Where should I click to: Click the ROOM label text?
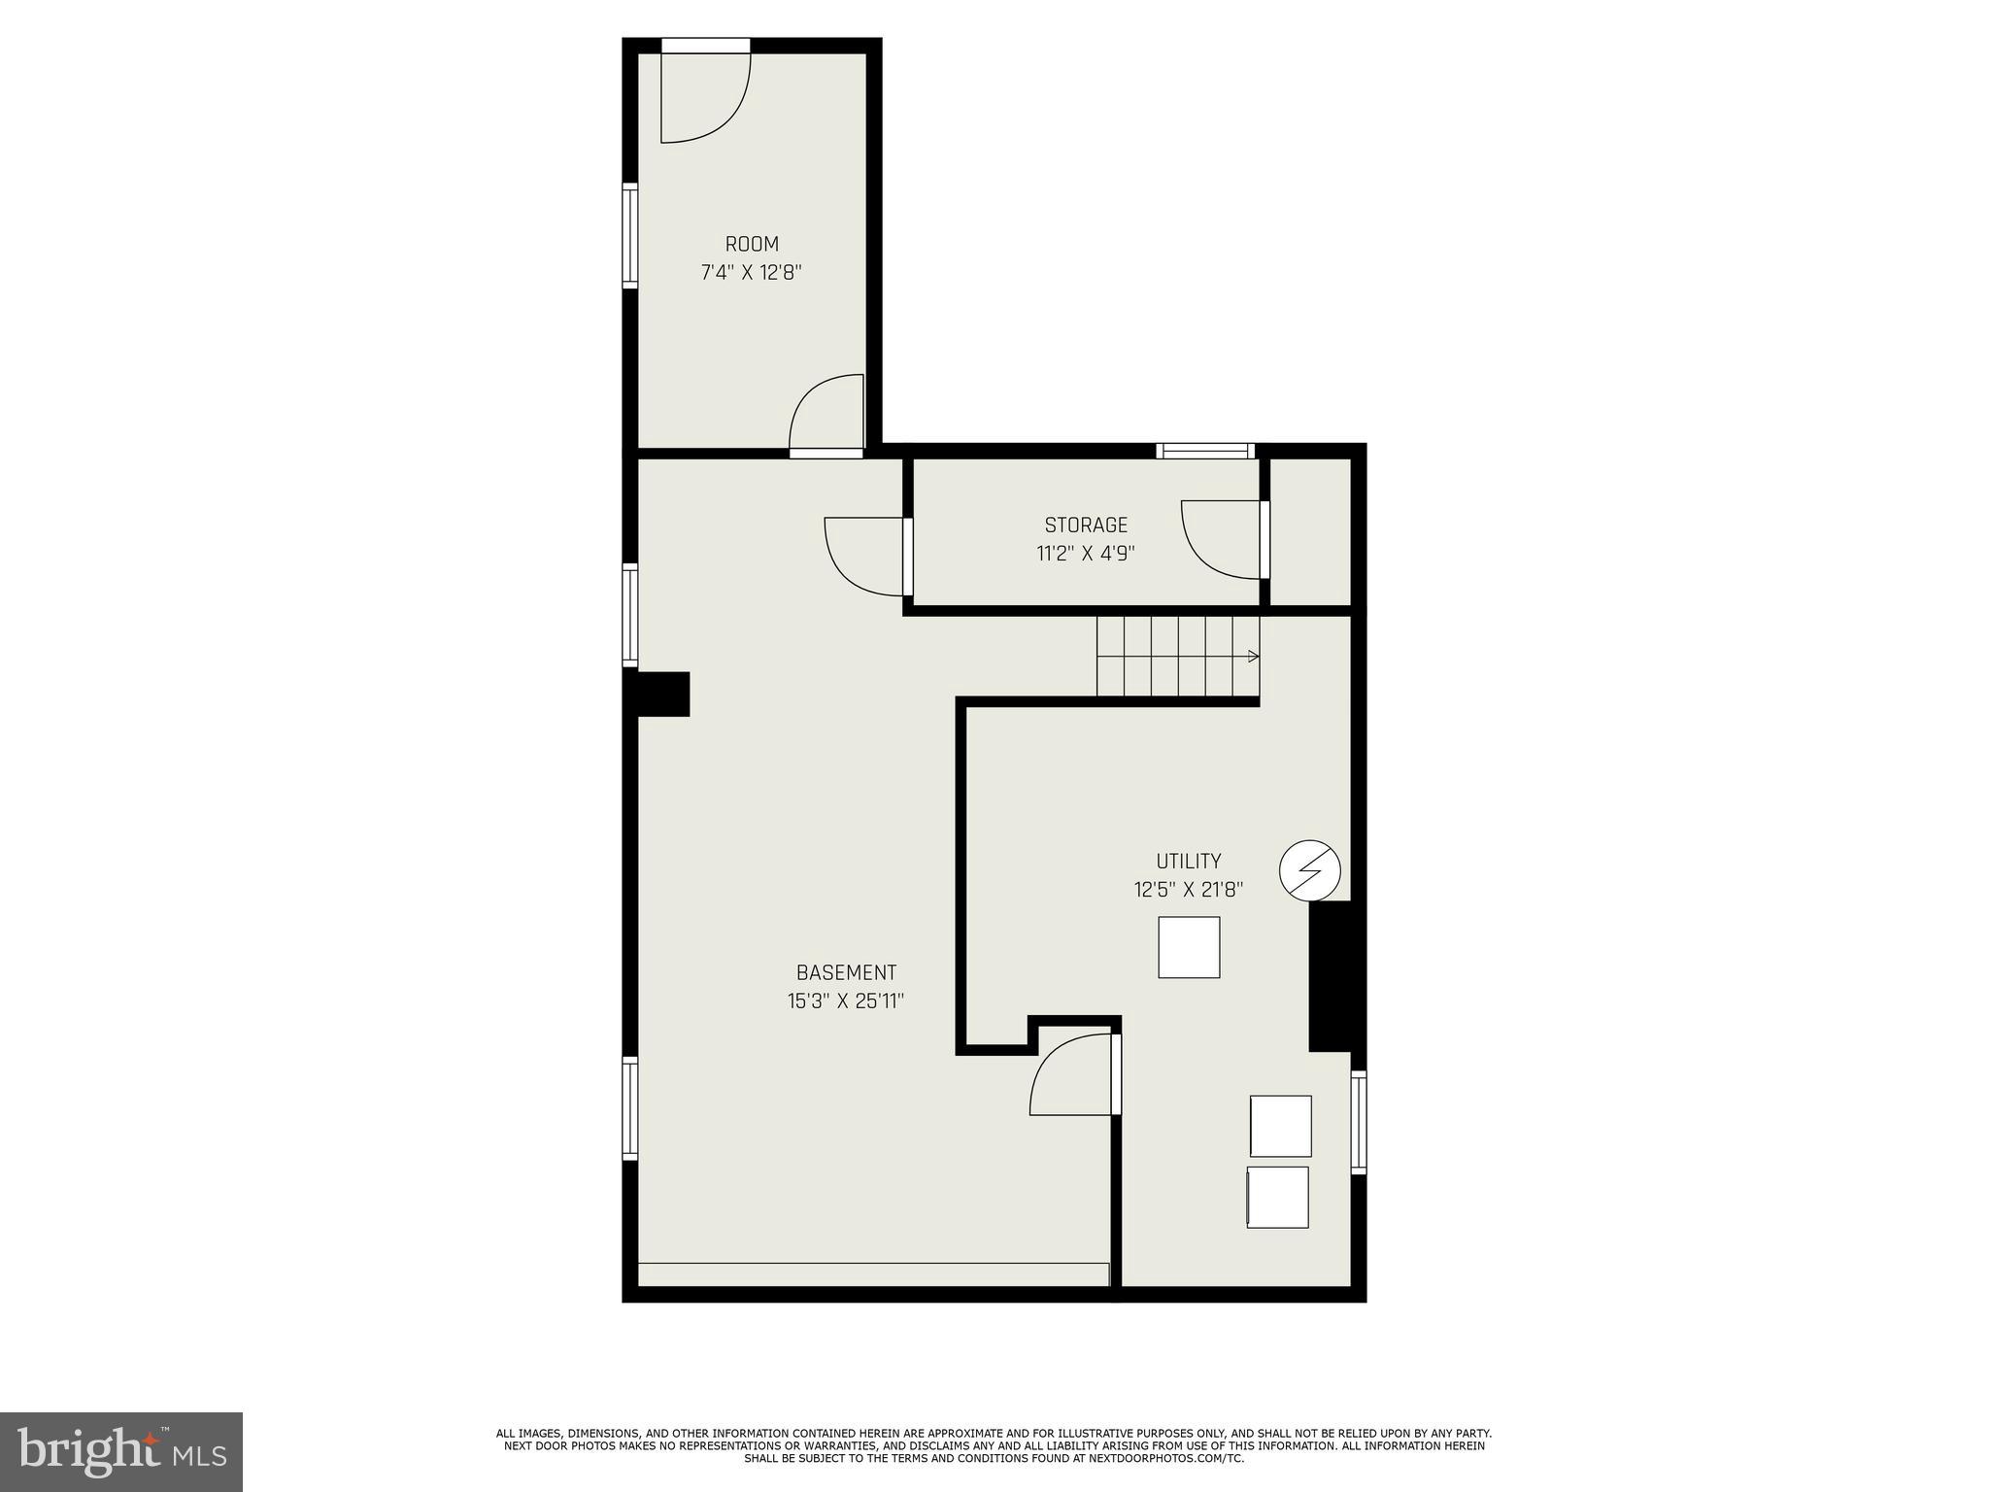coord(752,244)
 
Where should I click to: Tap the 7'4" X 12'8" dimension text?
coord(752,273)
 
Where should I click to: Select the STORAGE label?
coord(1086,526)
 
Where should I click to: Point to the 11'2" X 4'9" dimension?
coord(1086,554)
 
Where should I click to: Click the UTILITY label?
coord(1189,861)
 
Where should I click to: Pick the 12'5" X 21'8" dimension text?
coord(1189,890)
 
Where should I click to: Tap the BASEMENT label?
coord(846,972)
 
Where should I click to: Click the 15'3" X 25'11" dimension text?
coord(846,1000)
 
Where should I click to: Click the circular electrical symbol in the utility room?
coord(1310,869)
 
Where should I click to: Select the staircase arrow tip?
coord(1255,657)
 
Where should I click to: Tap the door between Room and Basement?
coord(826,418)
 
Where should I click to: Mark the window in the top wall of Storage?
coord(1205,451)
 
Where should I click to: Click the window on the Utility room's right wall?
coord(1359,1122)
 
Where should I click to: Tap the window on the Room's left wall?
coord(630,235)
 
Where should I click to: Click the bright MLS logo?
coord(121,1451)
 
